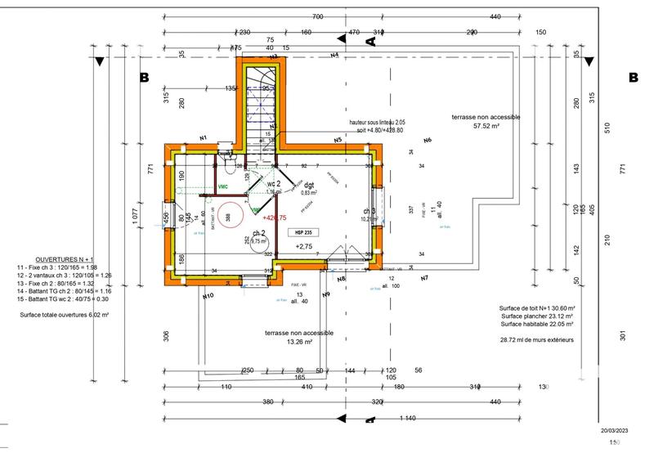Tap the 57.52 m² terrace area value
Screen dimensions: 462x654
[486, 127]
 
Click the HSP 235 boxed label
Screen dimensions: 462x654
[302, 232]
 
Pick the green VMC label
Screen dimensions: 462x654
[222, 186]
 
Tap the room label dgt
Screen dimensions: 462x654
[309, 185]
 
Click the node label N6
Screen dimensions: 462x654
[427, 141]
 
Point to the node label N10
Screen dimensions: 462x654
[208, 296]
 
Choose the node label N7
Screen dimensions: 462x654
[424, 279]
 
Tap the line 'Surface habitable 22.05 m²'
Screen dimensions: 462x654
[537, 324]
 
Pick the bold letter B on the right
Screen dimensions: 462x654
[633, 78]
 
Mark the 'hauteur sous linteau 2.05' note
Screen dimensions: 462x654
[377, 122]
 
